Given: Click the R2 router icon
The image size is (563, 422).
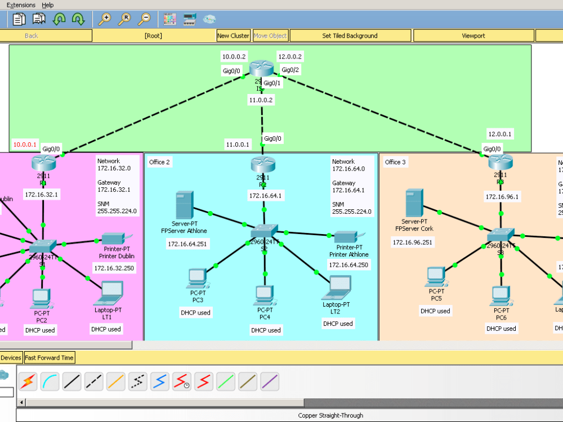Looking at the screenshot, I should point(263,164).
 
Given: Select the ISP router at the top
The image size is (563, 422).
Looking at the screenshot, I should point(261,68).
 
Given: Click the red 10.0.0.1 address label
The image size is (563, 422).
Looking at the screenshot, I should point(25,145).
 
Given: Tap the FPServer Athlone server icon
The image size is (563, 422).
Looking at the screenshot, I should point(184,206).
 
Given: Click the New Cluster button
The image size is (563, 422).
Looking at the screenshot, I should point(233,35).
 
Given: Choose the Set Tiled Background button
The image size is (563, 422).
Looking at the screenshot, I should point(350,35).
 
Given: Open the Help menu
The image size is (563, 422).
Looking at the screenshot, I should point(48,5).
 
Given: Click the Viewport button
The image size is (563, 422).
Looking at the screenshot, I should point(473,35).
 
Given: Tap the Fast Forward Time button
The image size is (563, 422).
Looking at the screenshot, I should point(49,357).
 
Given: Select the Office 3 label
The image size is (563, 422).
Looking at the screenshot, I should point(395,162).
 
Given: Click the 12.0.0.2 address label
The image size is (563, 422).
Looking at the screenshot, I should point(290,56).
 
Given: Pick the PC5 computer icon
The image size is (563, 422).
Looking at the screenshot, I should point(436,276).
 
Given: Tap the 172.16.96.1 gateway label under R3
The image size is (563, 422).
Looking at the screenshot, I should point(501,196).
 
